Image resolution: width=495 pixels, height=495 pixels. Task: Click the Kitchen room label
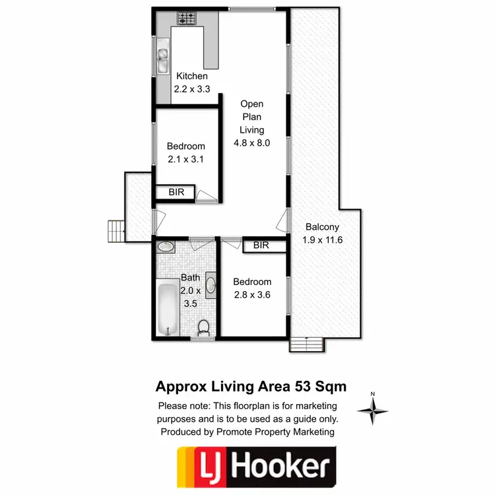tap(191, 77)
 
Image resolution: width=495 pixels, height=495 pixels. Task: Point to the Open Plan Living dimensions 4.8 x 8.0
tap(252, 142)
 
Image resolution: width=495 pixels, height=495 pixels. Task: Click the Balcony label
tap(323, 228)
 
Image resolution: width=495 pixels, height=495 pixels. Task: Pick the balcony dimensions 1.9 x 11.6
tap(323, 240)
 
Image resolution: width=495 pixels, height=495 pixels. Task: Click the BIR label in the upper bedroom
tap(176, 193)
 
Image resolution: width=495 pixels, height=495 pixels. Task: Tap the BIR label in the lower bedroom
tap(261, 246)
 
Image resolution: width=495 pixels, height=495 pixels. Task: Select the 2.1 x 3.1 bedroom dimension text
tap(185, 159)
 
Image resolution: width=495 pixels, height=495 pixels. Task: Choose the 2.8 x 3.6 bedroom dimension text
tap(252, 294)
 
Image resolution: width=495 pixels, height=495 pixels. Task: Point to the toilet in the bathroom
tap(204, 327)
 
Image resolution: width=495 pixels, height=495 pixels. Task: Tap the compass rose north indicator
tap(373, 410)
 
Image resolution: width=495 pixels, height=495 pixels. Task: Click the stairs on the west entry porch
tap(116, 230)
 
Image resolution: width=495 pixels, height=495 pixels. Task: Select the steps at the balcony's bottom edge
tap(307, 344)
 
